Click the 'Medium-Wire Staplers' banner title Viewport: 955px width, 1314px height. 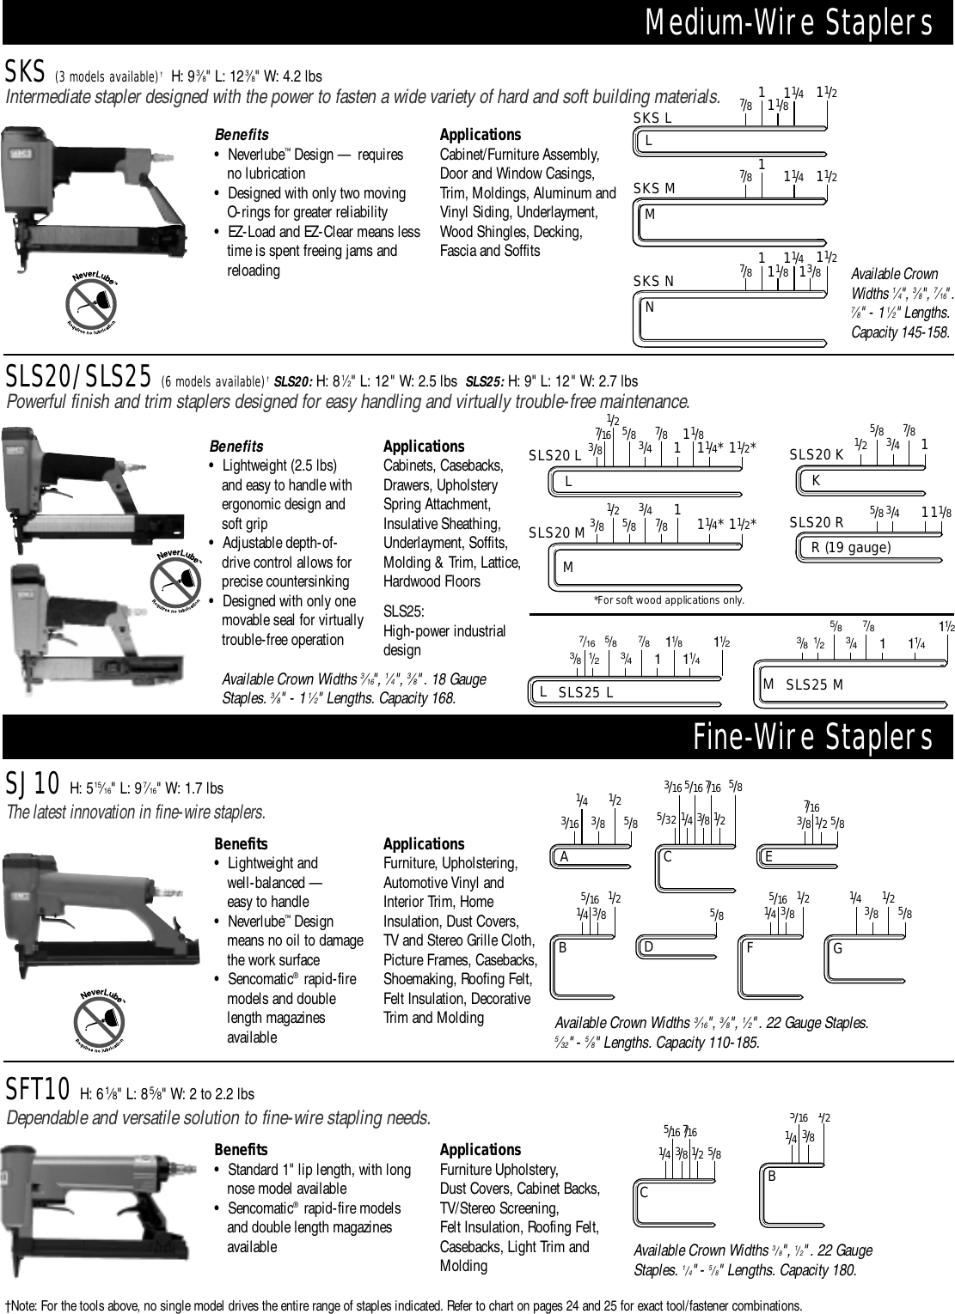click(x=788, y=22)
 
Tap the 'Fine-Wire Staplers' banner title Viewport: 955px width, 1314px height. click(x=812, y=738)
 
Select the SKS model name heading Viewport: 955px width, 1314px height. click(x=20, y=70)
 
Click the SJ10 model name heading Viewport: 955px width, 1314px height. click(x=33, y=783)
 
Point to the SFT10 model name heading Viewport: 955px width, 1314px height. click(x=38, y=1091)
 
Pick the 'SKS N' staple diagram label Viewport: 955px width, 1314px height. click(x=653, y=281)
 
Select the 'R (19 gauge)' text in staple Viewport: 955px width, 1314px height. click(x=850, y=547)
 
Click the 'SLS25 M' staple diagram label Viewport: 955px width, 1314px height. click(x=814, y=684)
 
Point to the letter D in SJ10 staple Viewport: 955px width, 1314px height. click(x=649, y=946)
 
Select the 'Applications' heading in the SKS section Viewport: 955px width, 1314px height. click(x=480, y=135)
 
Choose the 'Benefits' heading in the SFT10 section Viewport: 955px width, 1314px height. click(x=241, y=1149)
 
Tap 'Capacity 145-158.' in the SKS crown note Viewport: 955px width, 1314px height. click(x=900, y=332)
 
